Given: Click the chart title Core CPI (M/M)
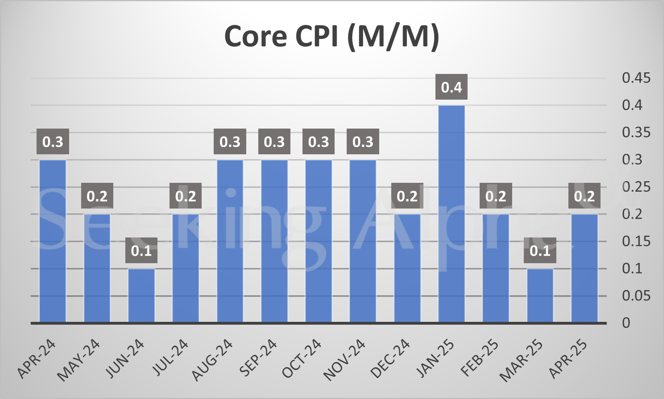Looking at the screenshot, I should pyautogui.click(x=331, y=37).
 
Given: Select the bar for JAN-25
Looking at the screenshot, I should pyautogui.click(x=452, y=214).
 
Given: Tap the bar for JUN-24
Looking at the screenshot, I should pyautogui.click(x=141, y=295).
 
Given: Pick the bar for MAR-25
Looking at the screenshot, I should pyautogui.click(x=540, y=295).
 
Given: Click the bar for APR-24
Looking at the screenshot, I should pyautogui.click(x=53, y=241).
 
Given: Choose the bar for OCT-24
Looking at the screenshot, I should pyautogui.click(x=319, y=241).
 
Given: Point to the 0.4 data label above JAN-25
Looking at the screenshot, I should pyautogui.click(x=452, y=87).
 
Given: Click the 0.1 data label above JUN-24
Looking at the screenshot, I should pyautogui.click(x=141, y=251).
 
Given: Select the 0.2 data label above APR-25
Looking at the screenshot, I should pyautogui.click(x=584, y=196).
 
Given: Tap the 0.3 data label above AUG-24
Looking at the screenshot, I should pyautogui.click(x=230, y=141).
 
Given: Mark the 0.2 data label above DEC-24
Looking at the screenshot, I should pyautogui.click(x=407, y=196).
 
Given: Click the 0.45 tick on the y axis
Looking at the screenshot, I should pyautogui.click(x=636, y=78).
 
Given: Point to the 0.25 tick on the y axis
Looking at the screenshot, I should pyautogui.click(x=636, y=187).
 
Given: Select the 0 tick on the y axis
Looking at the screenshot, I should pyautogui.click(x=626, y=323).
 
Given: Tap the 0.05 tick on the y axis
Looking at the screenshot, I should pyautogui.click(x=636, y=296).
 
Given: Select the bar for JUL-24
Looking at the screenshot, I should pyautogui.click(x=186, y=268).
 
